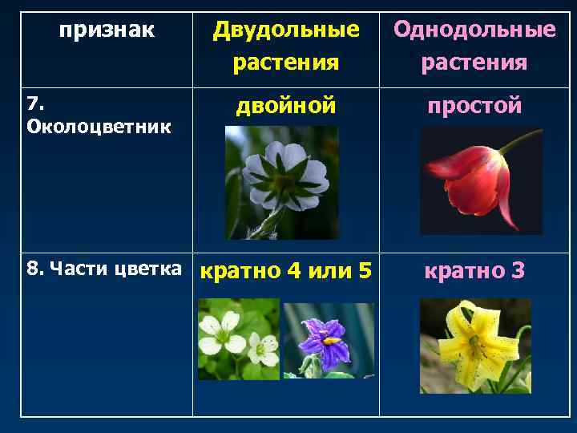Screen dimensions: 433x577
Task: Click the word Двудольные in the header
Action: tap(285, 30)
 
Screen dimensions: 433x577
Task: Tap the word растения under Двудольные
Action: tap(285, 62)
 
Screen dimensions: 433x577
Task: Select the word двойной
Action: tap(285, 105)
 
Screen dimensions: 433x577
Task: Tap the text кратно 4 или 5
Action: tap(285, 271)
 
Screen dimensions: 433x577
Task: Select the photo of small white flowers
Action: tap(238, 338)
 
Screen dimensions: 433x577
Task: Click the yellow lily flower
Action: tap(474, 345)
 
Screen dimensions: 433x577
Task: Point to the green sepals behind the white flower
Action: tap(284, 178)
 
